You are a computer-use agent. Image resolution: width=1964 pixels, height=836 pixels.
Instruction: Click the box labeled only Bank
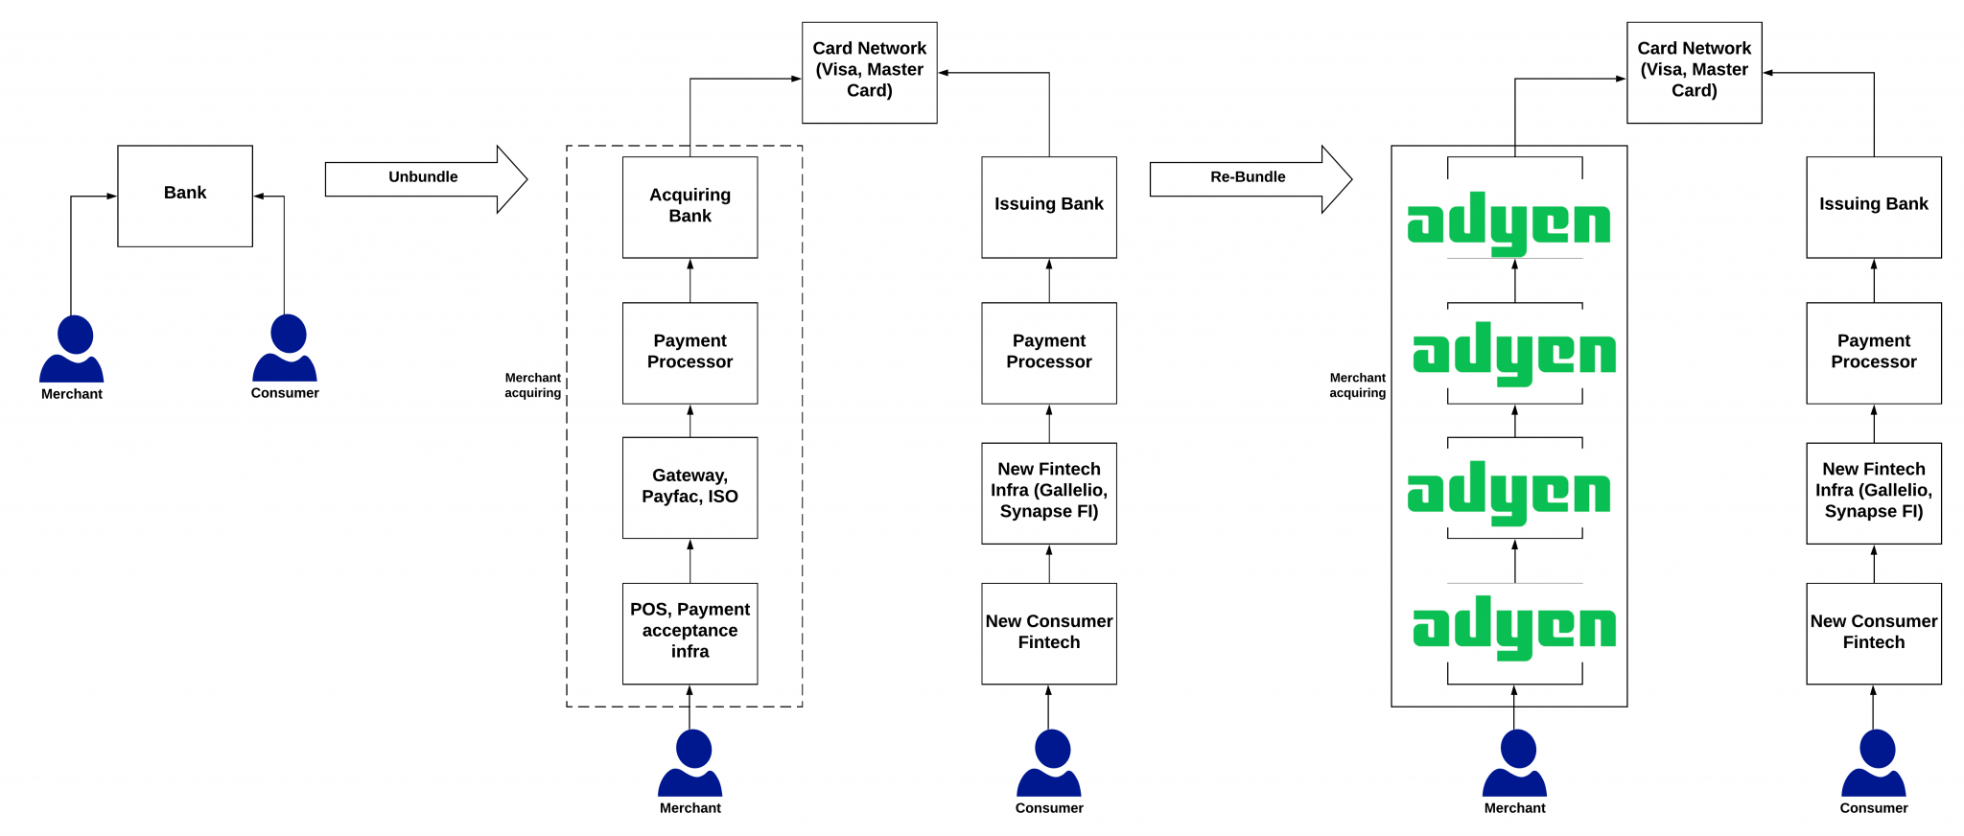coord(185,196)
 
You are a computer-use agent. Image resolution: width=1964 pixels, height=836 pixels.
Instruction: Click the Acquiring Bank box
coord(690,207)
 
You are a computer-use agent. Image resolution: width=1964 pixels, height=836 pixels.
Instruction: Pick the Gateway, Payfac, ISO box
coord(690,487)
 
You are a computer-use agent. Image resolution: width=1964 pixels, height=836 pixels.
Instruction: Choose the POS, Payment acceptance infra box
coord(690,633)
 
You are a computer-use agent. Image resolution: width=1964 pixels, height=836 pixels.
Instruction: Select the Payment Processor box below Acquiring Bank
coord(690,353)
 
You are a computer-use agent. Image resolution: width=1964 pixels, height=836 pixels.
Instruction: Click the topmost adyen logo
coord(1508,223)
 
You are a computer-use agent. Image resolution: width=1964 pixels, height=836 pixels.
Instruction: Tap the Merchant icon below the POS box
coord(690,763)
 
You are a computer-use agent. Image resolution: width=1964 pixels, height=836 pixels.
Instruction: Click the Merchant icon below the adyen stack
coord(1514,763)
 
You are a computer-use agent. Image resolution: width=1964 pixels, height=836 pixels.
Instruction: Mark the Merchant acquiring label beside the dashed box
coord(533,385)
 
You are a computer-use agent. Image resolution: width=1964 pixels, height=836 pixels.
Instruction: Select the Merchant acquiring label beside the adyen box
coord(1358,385)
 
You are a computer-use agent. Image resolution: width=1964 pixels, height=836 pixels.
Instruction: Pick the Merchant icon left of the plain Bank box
coord(72,349)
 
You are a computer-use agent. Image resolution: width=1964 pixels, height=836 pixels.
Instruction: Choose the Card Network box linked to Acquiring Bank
coord(869,73)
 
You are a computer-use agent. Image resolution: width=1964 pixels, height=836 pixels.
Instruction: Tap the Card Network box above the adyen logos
coord(1694,73)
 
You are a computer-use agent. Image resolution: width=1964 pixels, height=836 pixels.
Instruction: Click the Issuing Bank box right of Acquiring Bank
coord(1048,207)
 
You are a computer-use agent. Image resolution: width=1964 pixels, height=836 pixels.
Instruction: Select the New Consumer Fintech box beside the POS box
coord(1048,633)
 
